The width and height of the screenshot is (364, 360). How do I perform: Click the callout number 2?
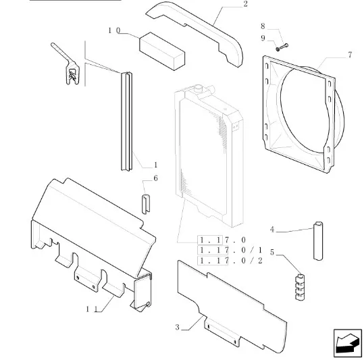(245, 4)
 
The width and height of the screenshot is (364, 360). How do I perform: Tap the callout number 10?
(114, 30)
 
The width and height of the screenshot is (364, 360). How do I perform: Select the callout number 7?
(350, 55)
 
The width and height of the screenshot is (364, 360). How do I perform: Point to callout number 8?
(263, 26)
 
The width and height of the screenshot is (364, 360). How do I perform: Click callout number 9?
(263, 38)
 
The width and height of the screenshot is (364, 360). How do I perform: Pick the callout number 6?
(155, 178)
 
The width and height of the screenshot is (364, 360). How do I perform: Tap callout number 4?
(272, 230)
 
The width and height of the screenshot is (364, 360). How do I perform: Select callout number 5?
(272, 253)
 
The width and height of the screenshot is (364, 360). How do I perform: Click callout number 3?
(178, 328)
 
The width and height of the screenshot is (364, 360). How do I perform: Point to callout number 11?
(92, 309)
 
